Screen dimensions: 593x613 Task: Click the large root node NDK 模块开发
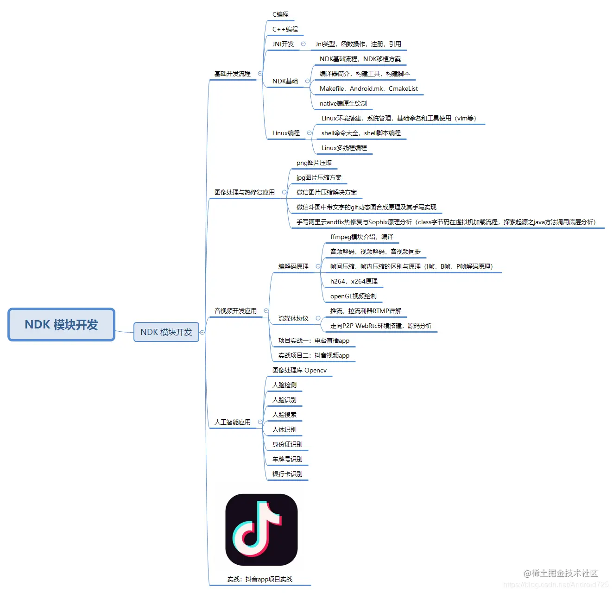point(61,325)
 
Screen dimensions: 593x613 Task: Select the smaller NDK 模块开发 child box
point(166,332)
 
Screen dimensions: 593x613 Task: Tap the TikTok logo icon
point(261,530)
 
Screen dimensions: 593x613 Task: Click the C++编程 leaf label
point(285,29)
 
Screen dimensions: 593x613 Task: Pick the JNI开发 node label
point(283,44)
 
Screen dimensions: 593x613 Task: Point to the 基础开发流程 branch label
point(232,74)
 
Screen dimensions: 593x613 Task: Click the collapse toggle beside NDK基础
point(307,81)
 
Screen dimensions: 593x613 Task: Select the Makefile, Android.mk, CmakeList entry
point(368,88)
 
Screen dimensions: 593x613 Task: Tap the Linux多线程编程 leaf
point(344,148)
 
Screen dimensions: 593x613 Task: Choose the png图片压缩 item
point(314,163)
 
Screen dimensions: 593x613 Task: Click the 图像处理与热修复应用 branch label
point(244,192)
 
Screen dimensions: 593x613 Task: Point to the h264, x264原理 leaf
point(354,281)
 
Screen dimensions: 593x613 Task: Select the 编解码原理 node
point(293,266)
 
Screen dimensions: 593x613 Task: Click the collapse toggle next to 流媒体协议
point(318,318)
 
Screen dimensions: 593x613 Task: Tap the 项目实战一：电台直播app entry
point(314,341)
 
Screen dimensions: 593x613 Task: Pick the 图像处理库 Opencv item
point(299,370)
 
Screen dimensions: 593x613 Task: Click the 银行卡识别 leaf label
point(287,474)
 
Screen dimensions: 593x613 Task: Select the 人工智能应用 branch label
point(232,422)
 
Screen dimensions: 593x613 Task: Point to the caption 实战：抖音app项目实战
point(259,579)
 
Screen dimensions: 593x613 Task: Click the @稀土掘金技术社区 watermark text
point(561,573)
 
